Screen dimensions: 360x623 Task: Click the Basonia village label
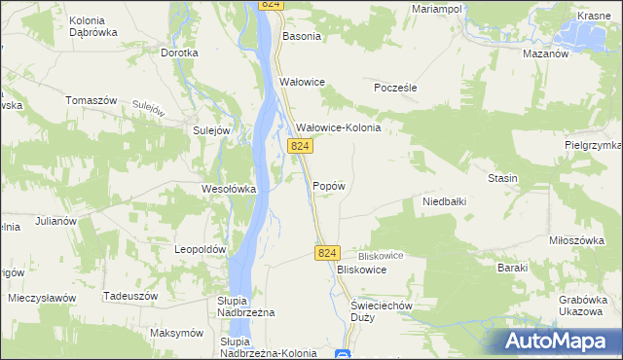[x=301, y=36]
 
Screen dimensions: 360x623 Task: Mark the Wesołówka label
[x=228, y=189]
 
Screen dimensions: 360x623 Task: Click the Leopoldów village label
[x=200, y=249]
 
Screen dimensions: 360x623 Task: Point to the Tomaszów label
[x=91, y=100]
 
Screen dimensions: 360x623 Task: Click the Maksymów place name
[x=176, y=333]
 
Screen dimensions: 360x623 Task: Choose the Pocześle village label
[x=396, y=88]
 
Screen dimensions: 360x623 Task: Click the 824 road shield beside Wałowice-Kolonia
[x=300, y=146]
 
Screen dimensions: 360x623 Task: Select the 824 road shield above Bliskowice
[x=326, y=253]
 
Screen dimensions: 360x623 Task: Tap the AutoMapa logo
[x=560, y=341]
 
